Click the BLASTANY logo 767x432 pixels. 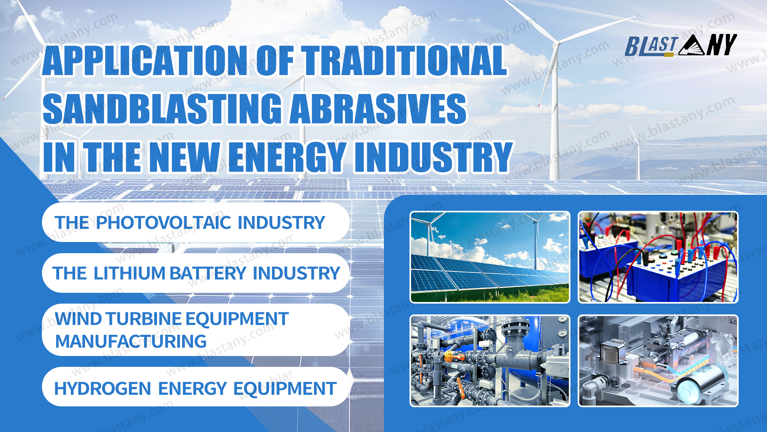(x=681, y=45)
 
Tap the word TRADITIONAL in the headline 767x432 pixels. (x=404, y=60)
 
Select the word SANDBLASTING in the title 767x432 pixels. (x=163, y=109)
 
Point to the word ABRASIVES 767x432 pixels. (x=378, y=109)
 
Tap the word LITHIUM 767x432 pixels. (x=129, y=274)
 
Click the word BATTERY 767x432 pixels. (x=208, y=274)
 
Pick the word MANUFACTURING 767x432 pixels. (x=131, y=342)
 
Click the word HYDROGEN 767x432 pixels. (x=102, y=389)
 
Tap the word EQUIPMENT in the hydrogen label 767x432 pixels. (x=285, y=389)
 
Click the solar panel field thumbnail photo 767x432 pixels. (x=490, y=257)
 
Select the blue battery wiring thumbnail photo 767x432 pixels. (x=658, y=257)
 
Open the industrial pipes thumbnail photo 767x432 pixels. (x=490, y=361)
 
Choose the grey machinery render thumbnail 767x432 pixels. (x=658, y=361)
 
